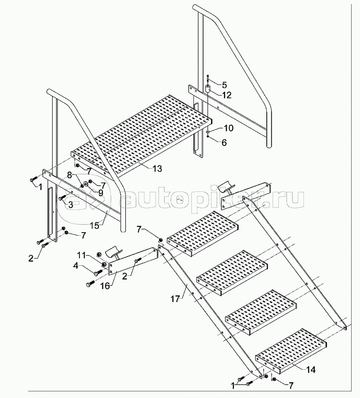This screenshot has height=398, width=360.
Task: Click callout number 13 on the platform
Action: [157, 168]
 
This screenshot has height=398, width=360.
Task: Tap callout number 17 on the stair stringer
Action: [175, 299]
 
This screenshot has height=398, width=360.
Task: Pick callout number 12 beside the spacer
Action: [227, 95]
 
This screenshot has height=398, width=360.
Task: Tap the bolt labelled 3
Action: [61, 198]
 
